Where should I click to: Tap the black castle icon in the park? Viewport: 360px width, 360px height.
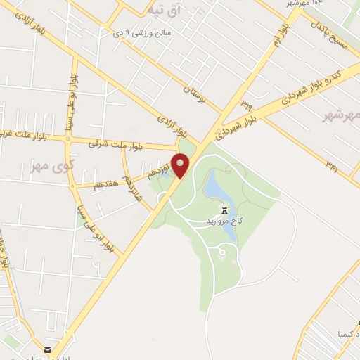224,210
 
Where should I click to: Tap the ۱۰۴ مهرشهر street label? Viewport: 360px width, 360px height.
308,4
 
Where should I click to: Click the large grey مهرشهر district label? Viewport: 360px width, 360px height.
341,115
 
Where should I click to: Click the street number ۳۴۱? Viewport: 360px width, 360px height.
331,164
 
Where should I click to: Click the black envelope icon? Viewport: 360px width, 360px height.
46,349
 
